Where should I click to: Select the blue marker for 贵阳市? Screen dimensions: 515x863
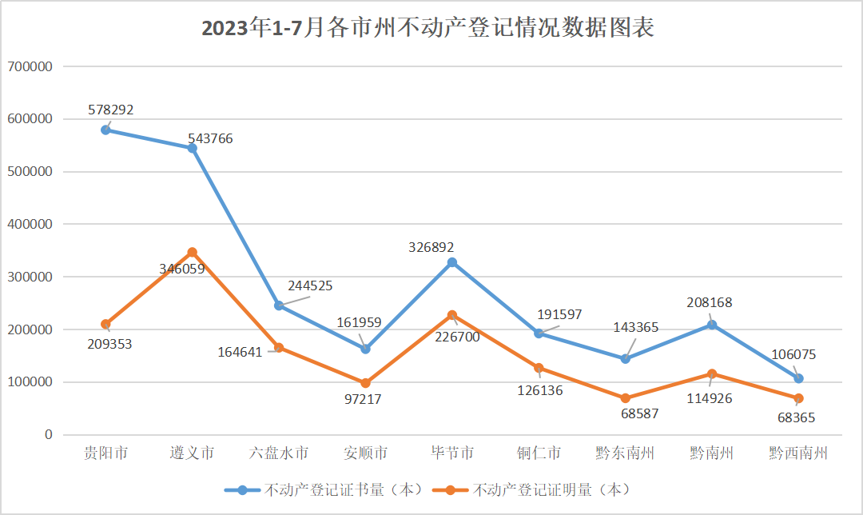coord(105,130)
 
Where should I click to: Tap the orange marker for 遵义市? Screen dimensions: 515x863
coord(192,253)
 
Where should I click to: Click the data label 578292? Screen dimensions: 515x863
coord(111,110)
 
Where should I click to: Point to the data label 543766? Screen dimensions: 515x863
coord(210,138)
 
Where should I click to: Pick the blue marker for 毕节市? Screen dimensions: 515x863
coord(452,262)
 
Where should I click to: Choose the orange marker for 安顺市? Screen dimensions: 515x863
coord(365,383)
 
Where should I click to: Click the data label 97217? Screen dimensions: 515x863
coord(362,399)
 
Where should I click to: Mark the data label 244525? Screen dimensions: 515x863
coord(310,285)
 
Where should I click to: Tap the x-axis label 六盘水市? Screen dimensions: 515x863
coord(279,453)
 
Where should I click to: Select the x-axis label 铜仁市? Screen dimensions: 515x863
coord(539,453)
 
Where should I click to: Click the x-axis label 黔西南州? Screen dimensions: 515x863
coord(797,453)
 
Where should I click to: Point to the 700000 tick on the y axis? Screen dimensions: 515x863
coord(30,66)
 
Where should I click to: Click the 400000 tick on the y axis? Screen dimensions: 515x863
coord(30,224)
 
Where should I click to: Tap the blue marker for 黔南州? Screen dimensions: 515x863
coord(711,325)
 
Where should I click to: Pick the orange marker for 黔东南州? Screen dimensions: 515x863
coord(625,398)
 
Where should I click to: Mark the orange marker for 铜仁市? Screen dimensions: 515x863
coord(539,368)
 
